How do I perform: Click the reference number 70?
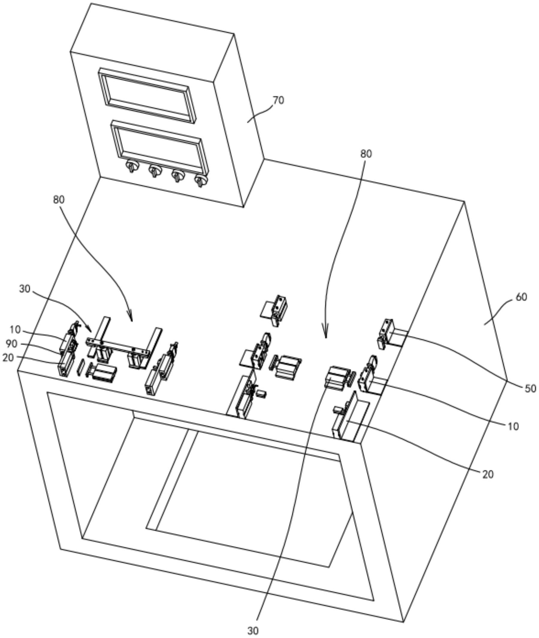(278, 100)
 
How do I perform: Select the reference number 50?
(530, 388)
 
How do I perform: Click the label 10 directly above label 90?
(15, 330)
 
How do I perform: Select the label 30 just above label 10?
(25, 289)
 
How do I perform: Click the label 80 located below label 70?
(366, 154)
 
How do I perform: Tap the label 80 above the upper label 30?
(59, 200)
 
